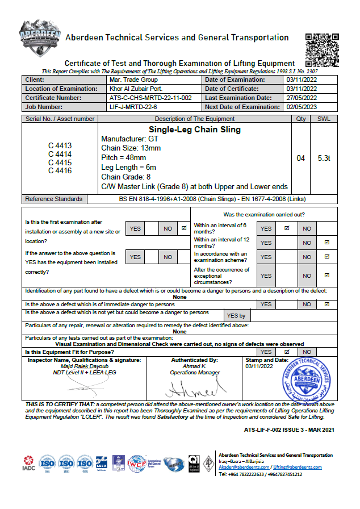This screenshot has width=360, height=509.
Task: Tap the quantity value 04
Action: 301,158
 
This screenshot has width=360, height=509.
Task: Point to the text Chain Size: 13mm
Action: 131,148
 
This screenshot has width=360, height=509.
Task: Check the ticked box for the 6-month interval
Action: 287,228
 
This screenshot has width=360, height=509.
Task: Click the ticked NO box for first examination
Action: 183,228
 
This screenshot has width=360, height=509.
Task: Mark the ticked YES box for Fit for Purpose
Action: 287,352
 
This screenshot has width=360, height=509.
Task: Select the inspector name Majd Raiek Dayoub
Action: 82,366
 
